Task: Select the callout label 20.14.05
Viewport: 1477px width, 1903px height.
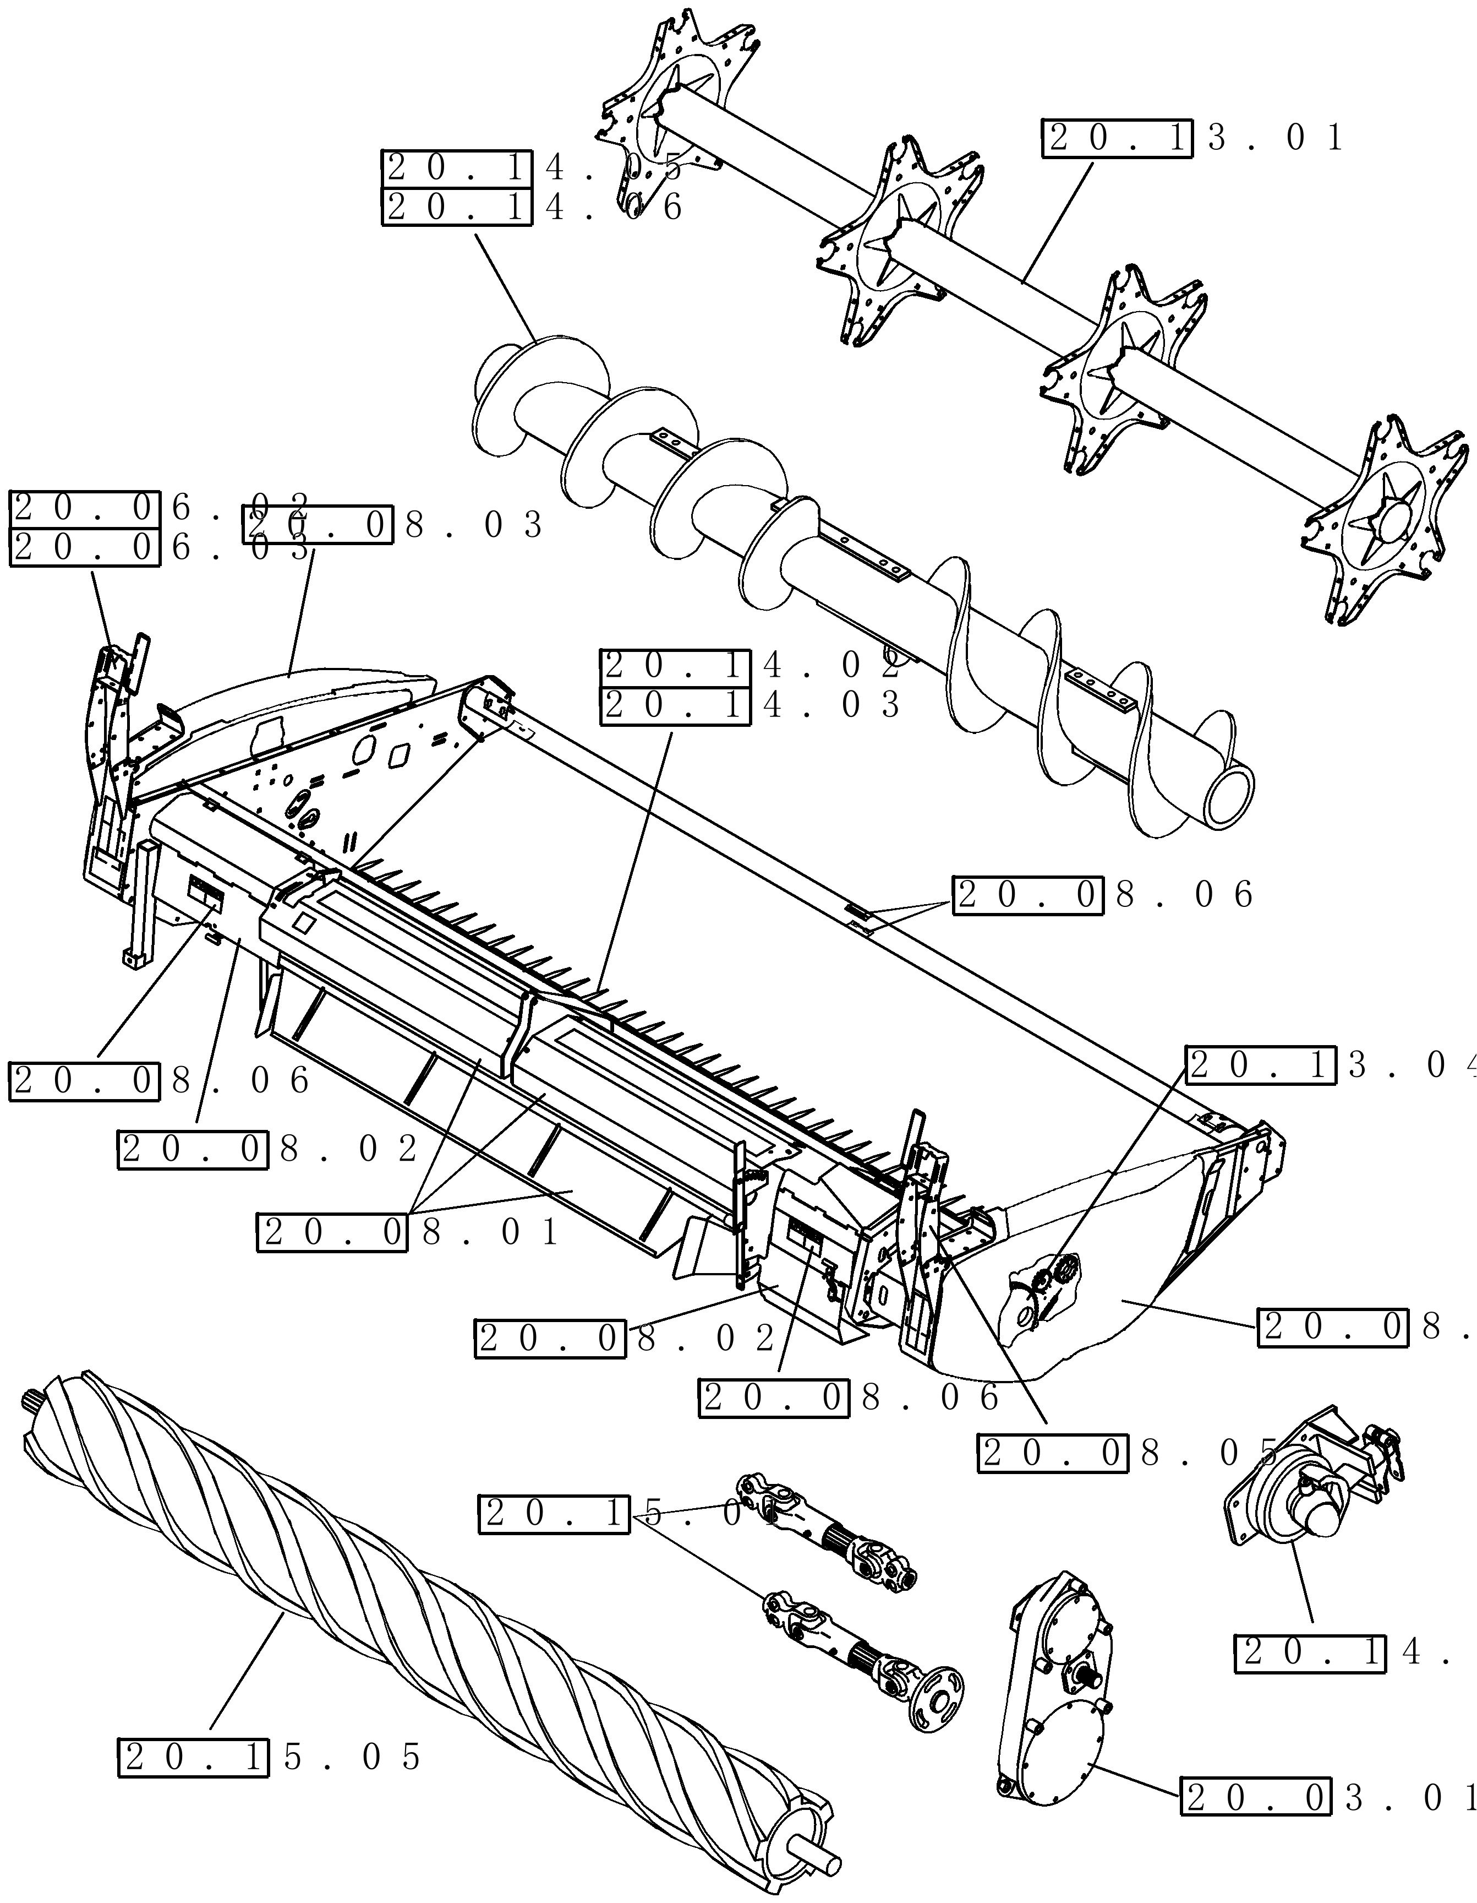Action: (533, 167)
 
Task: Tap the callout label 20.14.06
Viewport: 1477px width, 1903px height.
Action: (533, 208)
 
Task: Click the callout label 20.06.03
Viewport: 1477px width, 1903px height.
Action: (161, 548)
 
